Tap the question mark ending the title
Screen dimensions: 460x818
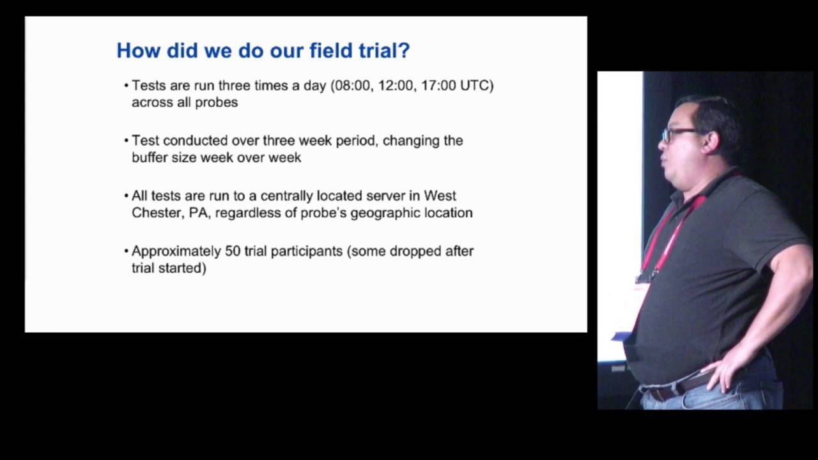403,50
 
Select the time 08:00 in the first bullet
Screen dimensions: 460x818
352,86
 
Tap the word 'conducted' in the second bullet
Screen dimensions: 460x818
193,141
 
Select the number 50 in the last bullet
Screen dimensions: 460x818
232,251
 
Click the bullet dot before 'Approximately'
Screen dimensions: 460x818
126,251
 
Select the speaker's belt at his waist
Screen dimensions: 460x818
684,385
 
